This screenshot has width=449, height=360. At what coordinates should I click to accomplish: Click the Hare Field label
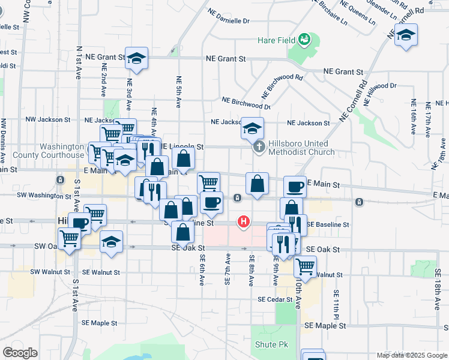click(277, 40)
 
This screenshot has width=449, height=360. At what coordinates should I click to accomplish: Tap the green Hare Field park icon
click(304, 40)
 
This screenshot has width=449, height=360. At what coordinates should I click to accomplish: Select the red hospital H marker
click(243, 222)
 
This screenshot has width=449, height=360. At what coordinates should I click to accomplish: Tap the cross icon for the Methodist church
click(259, 147)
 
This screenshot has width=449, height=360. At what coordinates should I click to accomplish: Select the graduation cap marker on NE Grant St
click(137, 59)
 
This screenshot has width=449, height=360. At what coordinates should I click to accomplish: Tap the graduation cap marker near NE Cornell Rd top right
click(406, 35)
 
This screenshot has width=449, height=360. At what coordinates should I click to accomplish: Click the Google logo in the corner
click(20, 352)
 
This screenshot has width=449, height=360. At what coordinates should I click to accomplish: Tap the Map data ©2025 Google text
click(411, 355)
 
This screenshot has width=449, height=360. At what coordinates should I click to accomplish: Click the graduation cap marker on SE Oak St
click(112, 242)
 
